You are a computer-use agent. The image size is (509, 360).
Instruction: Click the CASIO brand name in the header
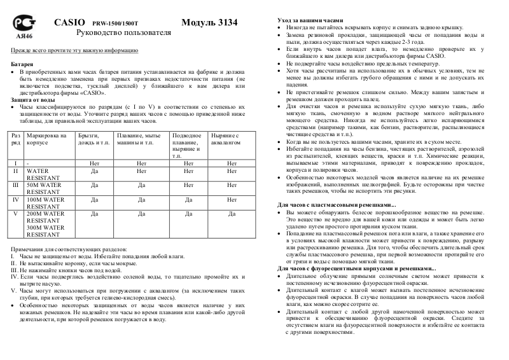pyautogui.click(x=69, y=22)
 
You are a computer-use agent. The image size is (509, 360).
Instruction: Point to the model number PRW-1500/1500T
pyautogui.click(x=114, y=23)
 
